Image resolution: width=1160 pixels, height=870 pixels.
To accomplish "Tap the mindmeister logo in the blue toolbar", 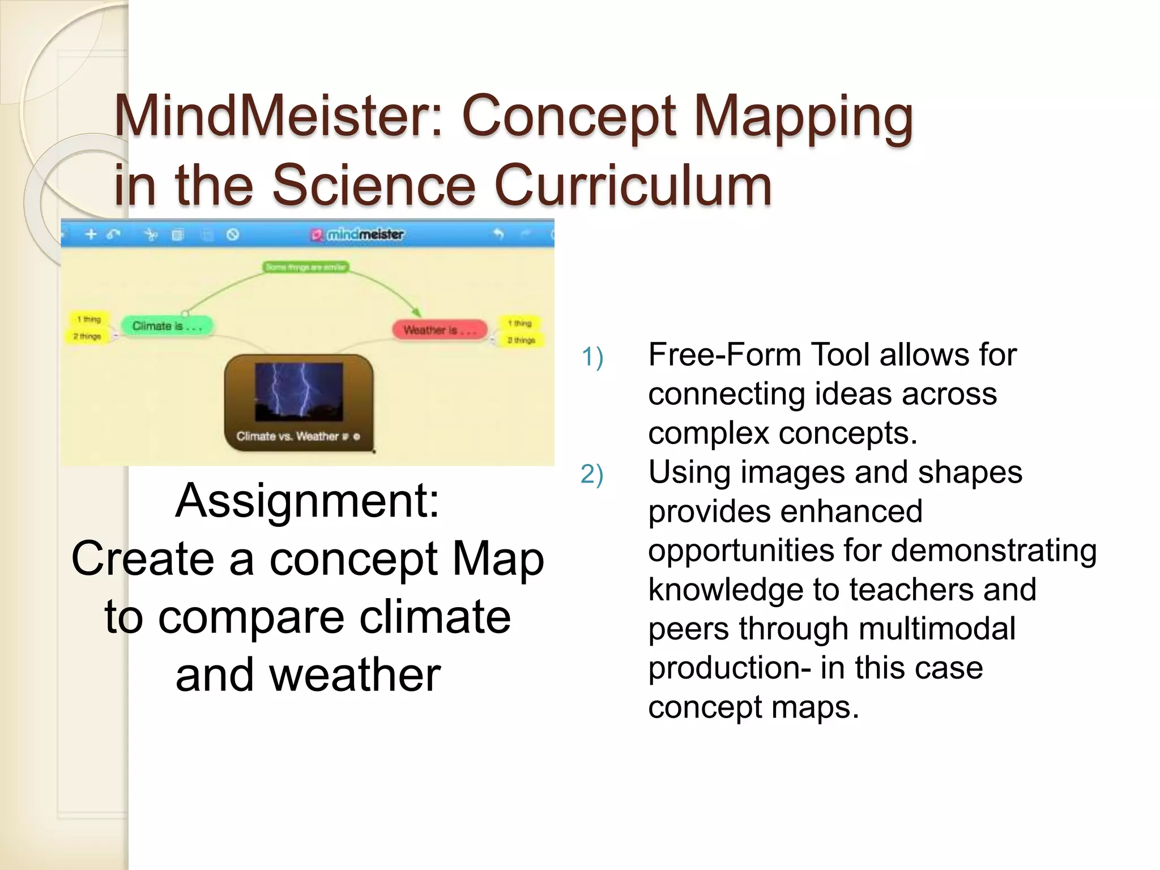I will [357, 234].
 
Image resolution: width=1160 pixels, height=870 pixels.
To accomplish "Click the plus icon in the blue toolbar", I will [91, 234].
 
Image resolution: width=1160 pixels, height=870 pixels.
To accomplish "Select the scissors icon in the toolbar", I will [151, 234].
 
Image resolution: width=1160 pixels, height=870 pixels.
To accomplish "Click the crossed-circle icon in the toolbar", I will [233, 234].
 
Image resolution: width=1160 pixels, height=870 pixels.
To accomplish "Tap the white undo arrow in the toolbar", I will [498, 233].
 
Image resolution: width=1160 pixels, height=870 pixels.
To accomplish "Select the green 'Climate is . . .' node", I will [167, 326].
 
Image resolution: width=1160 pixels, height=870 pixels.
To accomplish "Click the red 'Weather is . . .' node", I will [440, 330].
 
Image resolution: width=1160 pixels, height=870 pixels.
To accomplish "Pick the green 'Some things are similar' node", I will [306, 267].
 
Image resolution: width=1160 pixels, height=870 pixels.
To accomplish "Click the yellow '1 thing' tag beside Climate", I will [89, 319].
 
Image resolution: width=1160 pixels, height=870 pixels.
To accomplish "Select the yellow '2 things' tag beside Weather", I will [521, 340].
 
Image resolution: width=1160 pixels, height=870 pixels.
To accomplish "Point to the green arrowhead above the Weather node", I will [417, 312].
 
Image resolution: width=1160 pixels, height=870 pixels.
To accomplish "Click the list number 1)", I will [592, 357].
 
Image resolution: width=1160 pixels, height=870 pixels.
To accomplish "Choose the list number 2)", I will [592, 474].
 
